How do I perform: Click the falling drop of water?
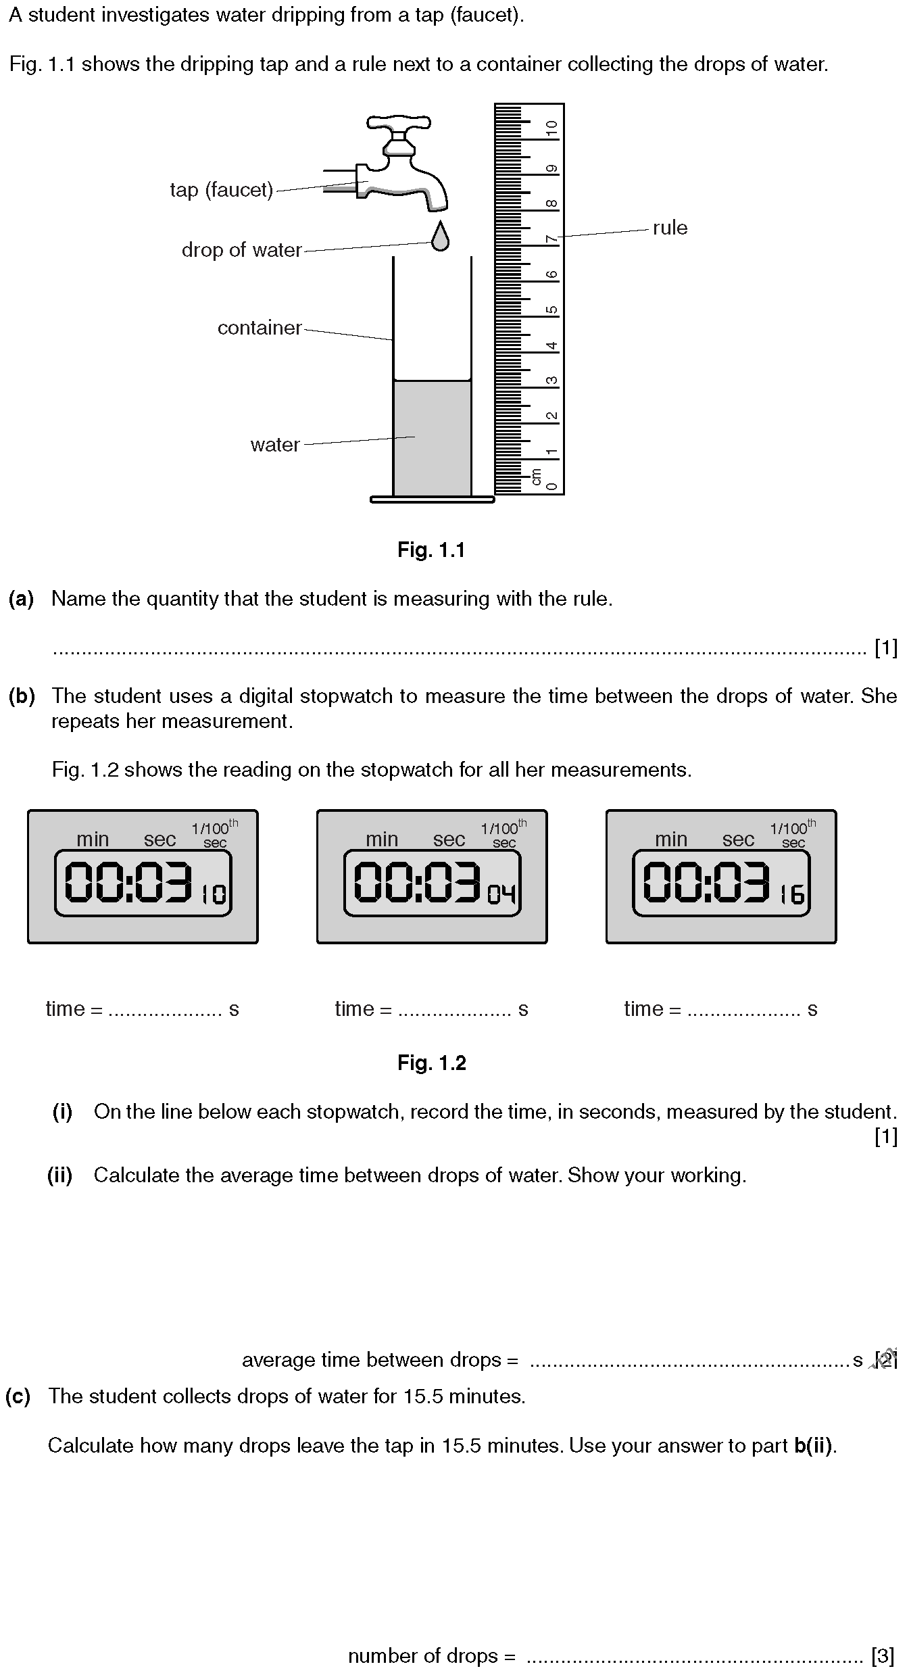[440, 237]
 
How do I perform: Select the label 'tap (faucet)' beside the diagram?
[221, 190]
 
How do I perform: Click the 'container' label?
[259, 328]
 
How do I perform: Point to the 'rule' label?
[670, 228]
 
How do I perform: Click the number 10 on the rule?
[552, 129]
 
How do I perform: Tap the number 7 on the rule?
[552, 239]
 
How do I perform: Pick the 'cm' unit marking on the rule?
[537, 477]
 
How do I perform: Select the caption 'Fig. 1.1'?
[431, 550]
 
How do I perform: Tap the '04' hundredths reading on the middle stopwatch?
[502, 894]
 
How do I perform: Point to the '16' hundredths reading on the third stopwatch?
[792, 894]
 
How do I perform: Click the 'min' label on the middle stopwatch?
[382, 840]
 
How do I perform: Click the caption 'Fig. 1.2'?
[431, 1063]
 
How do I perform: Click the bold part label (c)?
[18, 1396]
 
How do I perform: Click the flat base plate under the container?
[433, 500]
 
